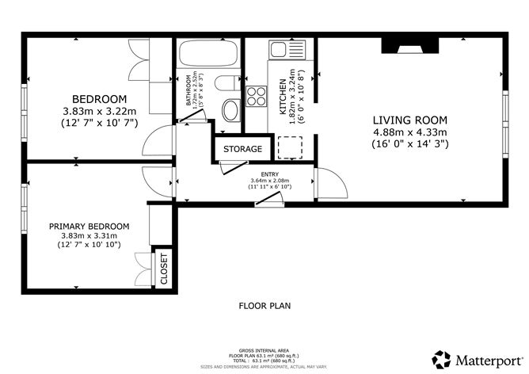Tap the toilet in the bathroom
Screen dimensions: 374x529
point(226,84)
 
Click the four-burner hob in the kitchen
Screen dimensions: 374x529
point(257,96)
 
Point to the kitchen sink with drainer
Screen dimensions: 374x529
point(282,49)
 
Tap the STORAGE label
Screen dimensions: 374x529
point(242,149)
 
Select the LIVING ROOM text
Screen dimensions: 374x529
point(410,120)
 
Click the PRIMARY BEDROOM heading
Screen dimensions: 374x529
point(89,226)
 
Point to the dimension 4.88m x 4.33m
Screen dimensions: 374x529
point(410,132)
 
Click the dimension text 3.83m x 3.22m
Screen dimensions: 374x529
point(99,112)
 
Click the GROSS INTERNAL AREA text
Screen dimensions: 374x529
point(264,349)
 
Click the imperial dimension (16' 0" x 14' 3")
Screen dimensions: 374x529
point(410,144)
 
